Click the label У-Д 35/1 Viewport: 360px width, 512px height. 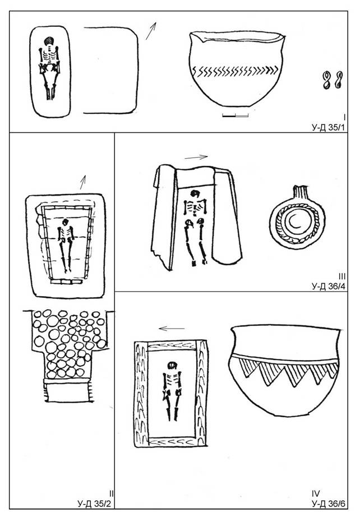coord(328,127)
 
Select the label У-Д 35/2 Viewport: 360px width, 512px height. coord(95,504)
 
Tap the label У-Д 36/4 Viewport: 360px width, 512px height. coord(328,287)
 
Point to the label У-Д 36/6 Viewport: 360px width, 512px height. coord(328,504)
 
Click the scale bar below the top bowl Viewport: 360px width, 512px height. coord(236,116)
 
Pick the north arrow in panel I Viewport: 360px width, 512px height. coord(151,31)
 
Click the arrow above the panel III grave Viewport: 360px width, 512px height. coord(196,158)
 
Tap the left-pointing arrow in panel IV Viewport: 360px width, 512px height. coord(172,328)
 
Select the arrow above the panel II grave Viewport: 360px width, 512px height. coord(83,182)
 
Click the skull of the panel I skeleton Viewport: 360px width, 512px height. coord(49,41)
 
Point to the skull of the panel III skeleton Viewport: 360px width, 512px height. coord(195,194)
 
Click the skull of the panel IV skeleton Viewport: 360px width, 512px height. coord(172,366)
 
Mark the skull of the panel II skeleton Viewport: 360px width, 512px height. coord(65,222)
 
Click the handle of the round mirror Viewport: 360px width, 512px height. coord(299,191)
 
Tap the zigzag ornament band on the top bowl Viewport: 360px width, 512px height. coord(235,71)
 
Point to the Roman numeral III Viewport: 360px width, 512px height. coord(342,277)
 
